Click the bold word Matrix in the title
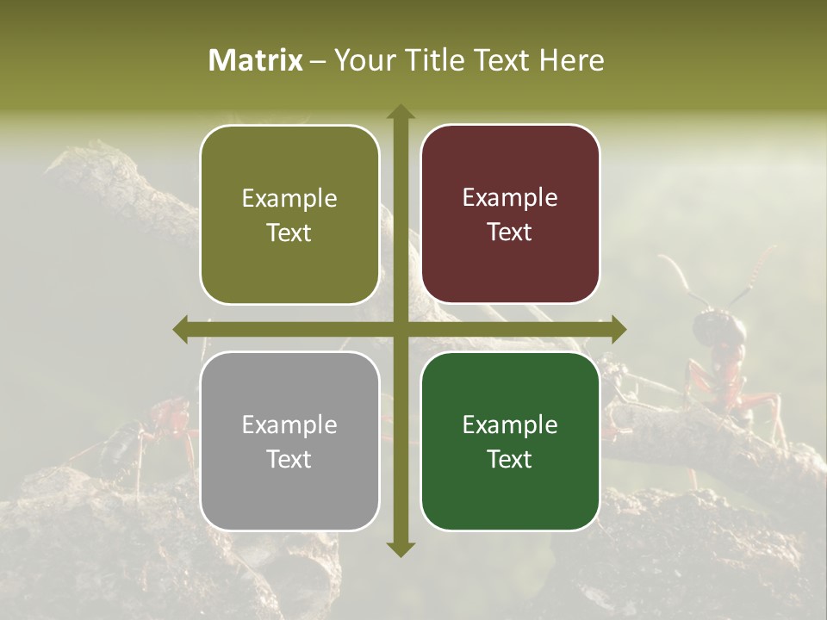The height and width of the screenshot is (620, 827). pyautogui.click(x=256, y=60)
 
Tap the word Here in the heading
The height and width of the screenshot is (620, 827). pyautogui.click(x=571, y=60)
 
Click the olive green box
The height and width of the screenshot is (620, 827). pyautogui.click(x=289, y=214)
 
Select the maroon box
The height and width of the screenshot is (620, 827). pyautogui.click(x=510, y=214)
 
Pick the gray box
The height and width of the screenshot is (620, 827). pyautogui.click(x=289, y=441)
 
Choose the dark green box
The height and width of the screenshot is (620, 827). pyautogui.click(x=510, y=441)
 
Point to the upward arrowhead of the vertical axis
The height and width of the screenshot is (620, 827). pyautogui.click(x=401, y=112)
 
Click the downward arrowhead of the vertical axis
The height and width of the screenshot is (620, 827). pyautogui.click(x=401, y=549)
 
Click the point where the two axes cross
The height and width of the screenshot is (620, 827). pyautogui.click(x=401, y=329)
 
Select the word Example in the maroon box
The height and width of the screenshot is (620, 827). pyautogui.click(x=510, y=198)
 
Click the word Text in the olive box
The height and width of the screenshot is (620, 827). pyautogui.click(x=289, y=232)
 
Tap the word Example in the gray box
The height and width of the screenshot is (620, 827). pyautogui.click(x=289, y=425)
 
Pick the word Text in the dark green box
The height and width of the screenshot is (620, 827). pyautogui.click(x=510, y=459)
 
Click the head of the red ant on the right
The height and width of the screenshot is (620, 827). pyautogui.click(x=712, y=327)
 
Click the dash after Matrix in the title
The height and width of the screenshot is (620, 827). pyautogui.click(x=318, y=61)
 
